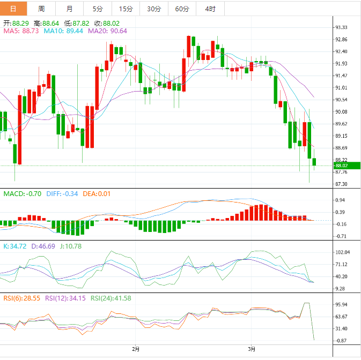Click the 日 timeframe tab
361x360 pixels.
click(x=13, y=9)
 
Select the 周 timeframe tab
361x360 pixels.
click(x=41, y=9)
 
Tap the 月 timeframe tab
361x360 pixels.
click(x=70, y=9)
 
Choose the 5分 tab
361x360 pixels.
click(x=97, y=9)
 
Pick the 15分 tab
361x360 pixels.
click(x=126, y=9)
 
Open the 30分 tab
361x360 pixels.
click(x=153, y=9)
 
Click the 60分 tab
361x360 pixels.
click(x=182, y=9)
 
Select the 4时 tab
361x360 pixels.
click(x=210, y=9)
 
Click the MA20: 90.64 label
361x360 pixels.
click(x=107, y=31)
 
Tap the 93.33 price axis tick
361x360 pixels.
click(x=341, y=27)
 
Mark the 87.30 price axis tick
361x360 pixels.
click(x=341, y=184)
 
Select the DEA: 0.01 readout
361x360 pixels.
click(x=97, y=193)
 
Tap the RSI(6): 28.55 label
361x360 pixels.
click(x=21, y=298)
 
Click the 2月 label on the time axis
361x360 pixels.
click(x=136, y=349)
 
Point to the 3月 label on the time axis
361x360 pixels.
click(x=252, y=349)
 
